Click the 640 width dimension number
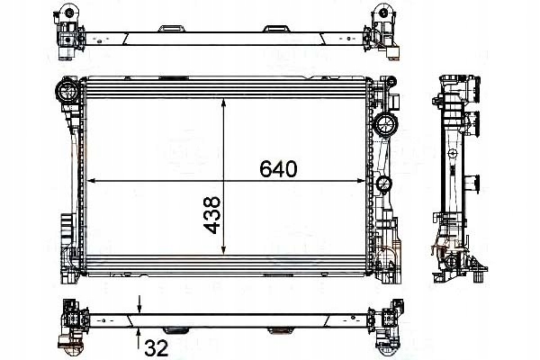point(278,168)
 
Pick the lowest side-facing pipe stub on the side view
point(470,219)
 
